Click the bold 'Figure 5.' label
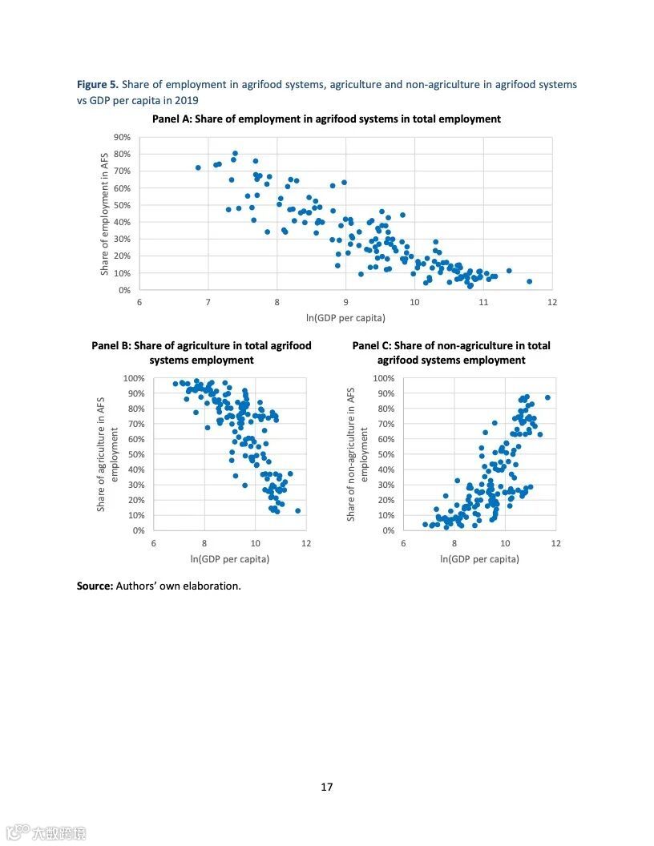98,84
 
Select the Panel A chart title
326,119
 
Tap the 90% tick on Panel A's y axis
123,137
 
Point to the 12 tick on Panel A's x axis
552,302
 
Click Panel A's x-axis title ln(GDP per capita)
345,318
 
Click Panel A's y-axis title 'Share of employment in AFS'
104,213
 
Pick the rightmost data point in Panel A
529,281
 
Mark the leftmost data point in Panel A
198,167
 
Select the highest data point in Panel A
235,153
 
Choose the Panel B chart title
201,352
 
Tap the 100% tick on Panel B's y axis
135,378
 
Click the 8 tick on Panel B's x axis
204,543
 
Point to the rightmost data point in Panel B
298,510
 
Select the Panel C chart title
451,352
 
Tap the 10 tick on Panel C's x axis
505,543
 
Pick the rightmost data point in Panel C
548,397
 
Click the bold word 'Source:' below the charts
95,586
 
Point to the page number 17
327,787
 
